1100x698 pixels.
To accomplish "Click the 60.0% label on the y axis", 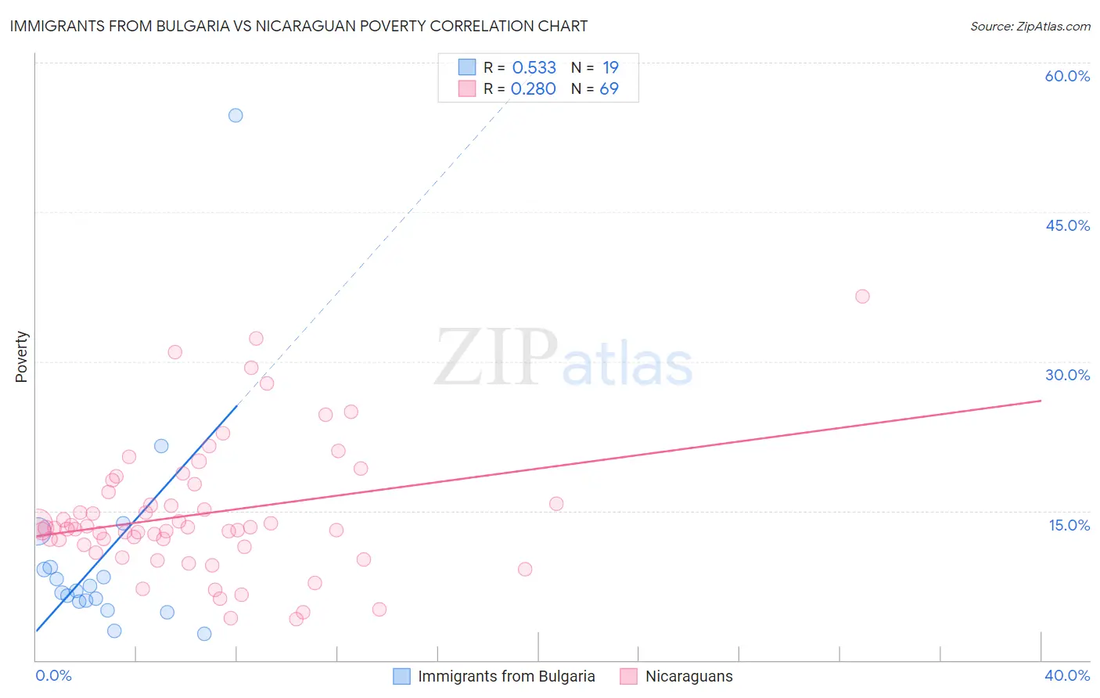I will tap(1067, 76).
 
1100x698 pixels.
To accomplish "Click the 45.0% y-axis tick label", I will tap(1067, 225).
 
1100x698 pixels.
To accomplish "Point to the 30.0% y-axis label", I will tap(1067, 375).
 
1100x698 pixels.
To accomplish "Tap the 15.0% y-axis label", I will tap(1069, 525).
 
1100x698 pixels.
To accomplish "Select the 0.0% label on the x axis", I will tap(53, 675).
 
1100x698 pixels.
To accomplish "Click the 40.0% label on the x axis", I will tap(1066, 675).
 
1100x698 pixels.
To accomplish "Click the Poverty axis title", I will tap(21, 357).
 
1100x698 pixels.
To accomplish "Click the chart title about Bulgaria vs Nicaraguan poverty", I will tap(298, 26).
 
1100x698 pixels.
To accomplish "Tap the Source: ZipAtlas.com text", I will tap(1030, 27).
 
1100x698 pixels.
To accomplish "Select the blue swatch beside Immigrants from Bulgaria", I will tap(401, 676).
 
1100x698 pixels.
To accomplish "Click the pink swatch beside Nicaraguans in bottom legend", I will tap(628, 676).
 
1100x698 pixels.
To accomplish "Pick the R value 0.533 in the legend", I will tap(534, 67).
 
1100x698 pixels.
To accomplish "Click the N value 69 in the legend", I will tap(609, 88).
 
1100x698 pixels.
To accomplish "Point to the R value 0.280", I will tap(533, 88).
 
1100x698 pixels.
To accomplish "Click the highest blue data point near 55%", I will tap(235, 115).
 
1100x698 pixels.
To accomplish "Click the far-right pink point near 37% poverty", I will tap(862, 296).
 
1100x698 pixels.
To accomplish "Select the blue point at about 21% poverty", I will tap(161, 446).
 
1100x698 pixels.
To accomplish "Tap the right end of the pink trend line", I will tap(1040, 401).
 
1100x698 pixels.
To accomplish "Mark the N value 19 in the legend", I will tap(610, 67).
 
